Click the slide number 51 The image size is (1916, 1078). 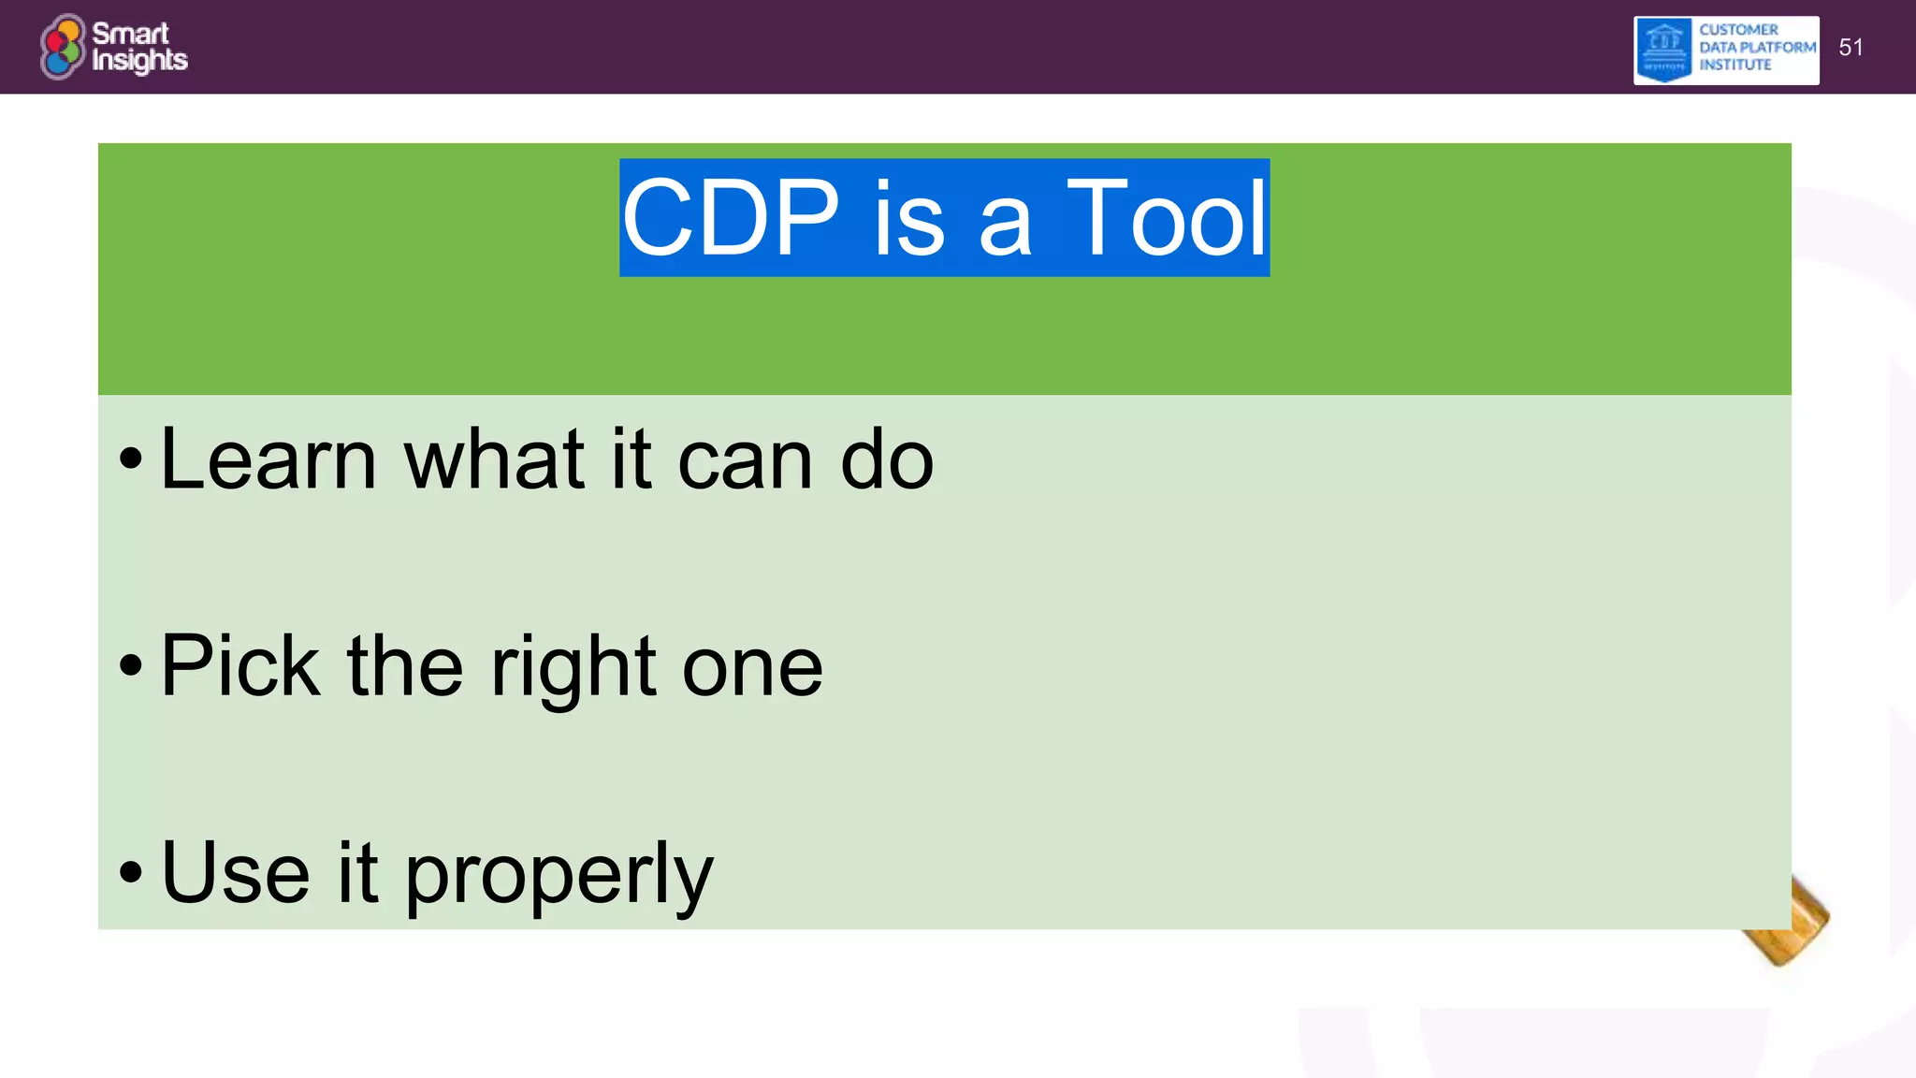pos(1851,48)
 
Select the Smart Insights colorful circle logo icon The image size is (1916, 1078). pos(63,47)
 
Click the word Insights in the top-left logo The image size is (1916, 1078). pos(139,61)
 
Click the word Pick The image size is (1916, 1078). pos(240,665)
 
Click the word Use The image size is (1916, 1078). pos(235,872)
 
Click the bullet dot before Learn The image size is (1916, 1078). pos(131,459)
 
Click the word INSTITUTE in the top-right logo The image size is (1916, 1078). pos(1735,66)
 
